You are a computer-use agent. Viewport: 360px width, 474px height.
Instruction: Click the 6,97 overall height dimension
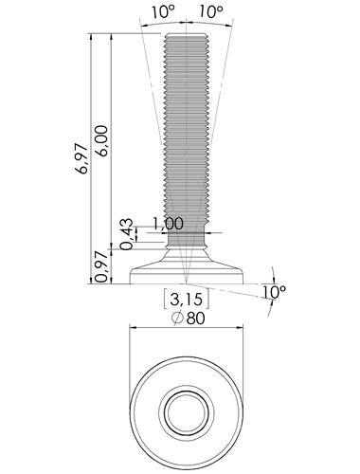81,158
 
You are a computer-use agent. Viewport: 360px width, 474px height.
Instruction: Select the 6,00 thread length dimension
102,140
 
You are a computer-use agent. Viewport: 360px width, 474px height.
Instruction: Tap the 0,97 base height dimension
102,267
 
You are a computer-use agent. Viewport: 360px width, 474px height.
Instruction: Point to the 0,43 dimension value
126,234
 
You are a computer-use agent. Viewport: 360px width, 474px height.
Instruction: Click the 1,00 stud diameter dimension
168,224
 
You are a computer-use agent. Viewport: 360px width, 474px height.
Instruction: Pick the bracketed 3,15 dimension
186,299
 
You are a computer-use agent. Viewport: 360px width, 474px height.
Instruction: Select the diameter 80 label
189,318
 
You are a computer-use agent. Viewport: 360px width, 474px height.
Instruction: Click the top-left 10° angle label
163,12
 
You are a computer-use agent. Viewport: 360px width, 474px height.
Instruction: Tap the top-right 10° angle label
211,12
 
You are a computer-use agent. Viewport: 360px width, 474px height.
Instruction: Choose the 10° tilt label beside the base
274,292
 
